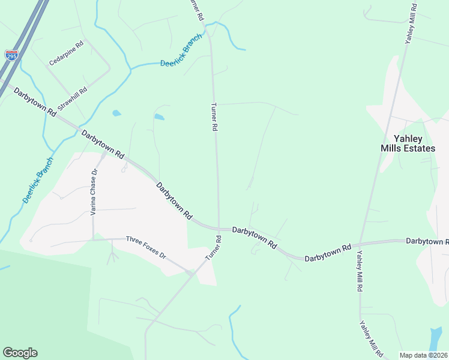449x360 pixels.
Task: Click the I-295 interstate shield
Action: (11, 55)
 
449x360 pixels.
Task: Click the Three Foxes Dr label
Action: (145, 247)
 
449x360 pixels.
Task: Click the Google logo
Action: (20, 353)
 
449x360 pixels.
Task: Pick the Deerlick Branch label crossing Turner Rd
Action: (182, 56)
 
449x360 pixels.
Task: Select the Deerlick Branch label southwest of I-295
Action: (38, 179)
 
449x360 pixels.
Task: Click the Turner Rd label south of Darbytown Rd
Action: (214, 247)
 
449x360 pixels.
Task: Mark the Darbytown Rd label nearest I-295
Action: (35, 102)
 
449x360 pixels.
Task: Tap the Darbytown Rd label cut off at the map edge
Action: (427, 241)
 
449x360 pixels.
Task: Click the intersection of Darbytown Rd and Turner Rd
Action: (218, 229)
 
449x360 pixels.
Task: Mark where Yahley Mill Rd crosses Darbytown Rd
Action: (359, 245)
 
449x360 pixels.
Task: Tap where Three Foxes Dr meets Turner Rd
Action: (191, 273)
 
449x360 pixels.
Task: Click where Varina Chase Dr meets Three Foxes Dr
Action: (93, 239)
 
